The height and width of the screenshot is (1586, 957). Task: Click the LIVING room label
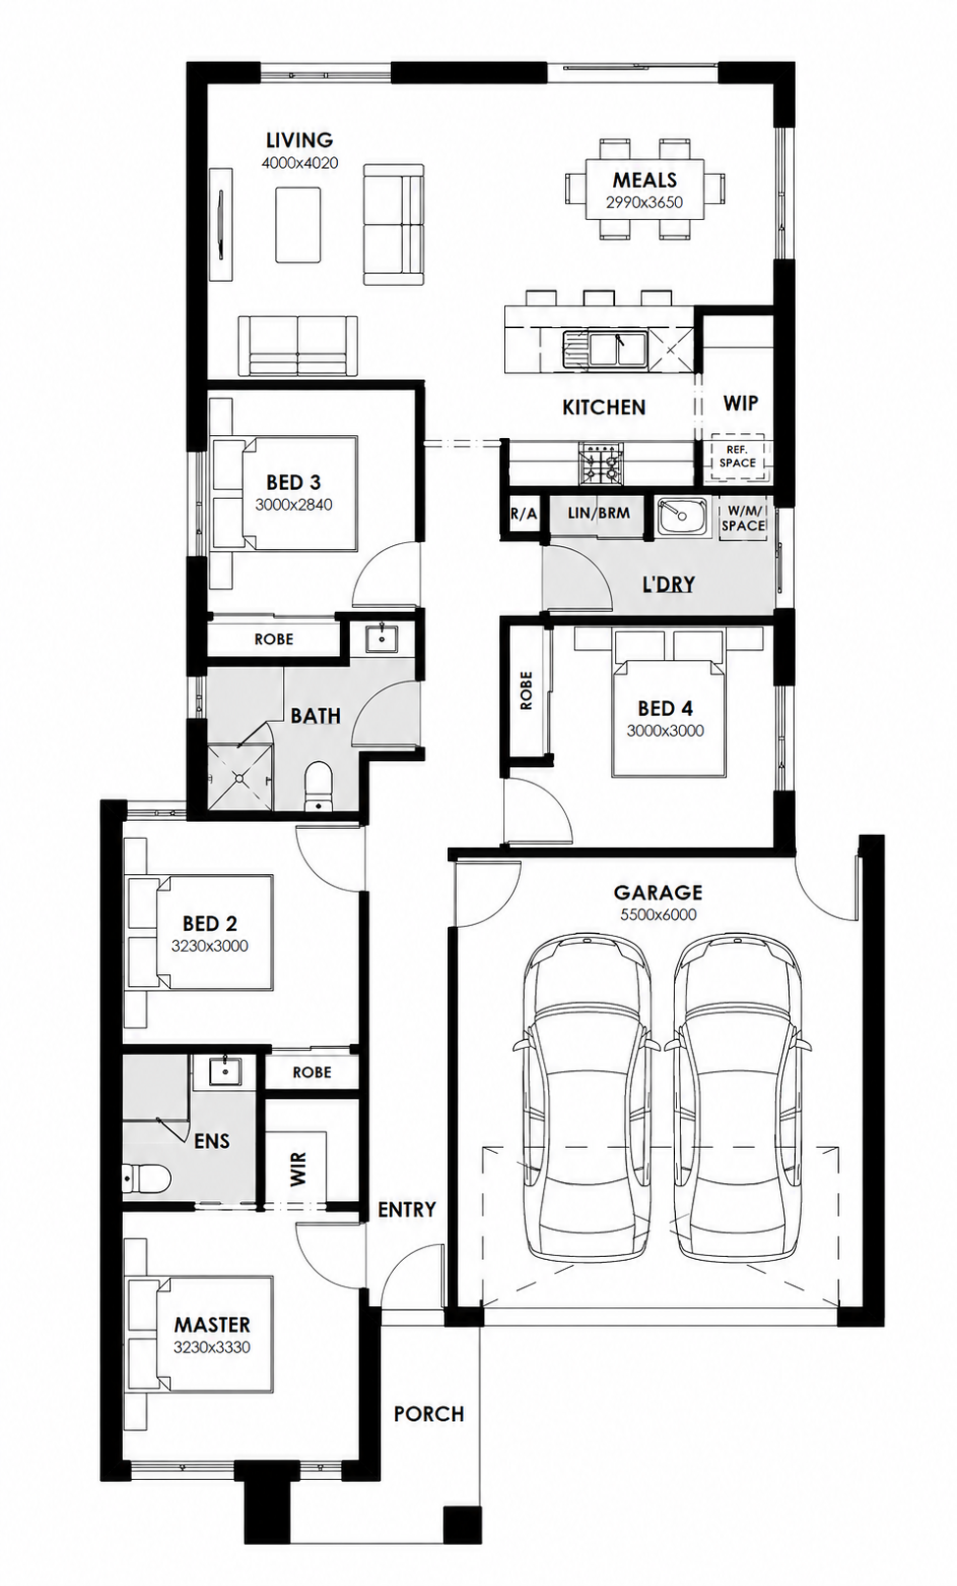pos(299,139)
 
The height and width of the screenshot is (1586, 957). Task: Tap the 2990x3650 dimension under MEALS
pos(644,202)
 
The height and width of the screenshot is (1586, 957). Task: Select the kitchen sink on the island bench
pos(604,349)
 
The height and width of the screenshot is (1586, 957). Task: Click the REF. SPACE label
pos(737,456)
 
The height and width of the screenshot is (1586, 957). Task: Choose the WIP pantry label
pos(740,404)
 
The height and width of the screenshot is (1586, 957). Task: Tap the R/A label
pos(524,514)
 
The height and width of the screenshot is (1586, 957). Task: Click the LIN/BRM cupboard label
pos(598,513)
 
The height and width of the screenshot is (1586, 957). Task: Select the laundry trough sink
pos(681,519)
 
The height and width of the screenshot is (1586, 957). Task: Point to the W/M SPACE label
pos(743,519)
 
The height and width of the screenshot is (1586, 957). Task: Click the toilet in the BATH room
pos(317,786)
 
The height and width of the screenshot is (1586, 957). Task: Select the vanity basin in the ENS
pos(225,1071)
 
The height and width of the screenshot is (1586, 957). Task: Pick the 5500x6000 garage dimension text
pos(658,914)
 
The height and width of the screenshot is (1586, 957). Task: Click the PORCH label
pos(428,1414)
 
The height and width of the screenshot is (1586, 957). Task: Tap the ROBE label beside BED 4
pos(526,690)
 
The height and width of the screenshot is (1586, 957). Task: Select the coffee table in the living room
pos(298,225)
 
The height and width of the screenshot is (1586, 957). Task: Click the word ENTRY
pos(407,1209)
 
